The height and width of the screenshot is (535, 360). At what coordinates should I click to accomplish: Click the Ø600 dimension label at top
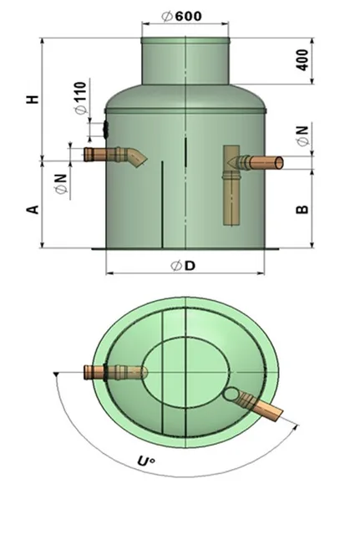pyautogui.click(x=182, y=16)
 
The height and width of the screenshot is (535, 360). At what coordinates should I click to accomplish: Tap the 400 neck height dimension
pyautogui.click(x=302, y=60)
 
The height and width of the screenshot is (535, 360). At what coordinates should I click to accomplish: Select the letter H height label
pyautogui.click(x=33, y=99)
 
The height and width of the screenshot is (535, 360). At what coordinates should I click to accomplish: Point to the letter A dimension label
pyautogui.click(x=33, y=210)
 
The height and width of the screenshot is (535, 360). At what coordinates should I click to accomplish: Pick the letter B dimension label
pyautogui.click(x=302, y=209)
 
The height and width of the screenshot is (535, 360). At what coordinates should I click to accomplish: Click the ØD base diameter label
pyautogui.click(x=183, y=266)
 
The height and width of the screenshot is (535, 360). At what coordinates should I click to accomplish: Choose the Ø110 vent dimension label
pyautogui.click(x=81, y=98)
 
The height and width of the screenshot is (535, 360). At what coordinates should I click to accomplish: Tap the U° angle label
pyautogui.click(x=146, y=461)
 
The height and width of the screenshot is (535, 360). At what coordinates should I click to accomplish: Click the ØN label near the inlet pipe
pyautogui.click(x=62, y=184)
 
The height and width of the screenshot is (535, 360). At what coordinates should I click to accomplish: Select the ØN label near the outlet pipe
pyautogui.click(x=302, y=135)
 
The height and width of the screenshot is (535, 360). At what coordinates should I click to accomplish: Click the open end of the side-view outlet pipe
pyautogui.click(x=279, y=163)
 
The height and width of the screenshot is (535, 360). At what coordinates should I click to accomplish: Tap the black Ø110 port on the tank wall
pyautogui.click(x=106, y=129)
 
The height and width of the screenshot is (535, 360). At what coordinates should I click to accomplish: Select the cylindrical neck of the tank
pyautogui.click(x=185, y=61)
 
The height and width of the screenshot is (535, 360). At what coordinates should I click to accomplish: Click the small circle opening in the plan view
pyautogui.click(x=231, y=394)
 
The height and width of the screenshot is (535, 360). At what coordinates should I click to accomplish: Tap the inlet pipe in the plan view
pyautogui.click(x=116, y=372)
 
